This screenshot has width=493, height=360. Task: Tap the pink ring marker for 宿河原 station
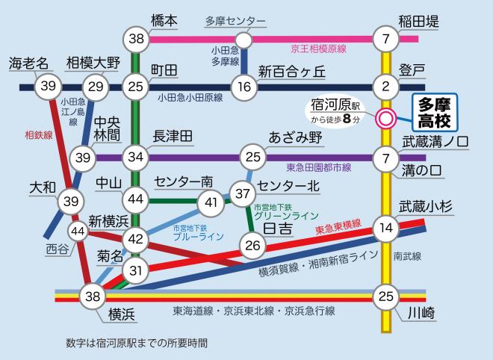tap(386, 118)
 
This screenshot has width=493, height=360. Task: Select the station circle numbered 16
tap(243, 87)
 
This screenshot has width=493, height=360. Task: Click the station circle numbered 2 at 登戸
tap(386, 87)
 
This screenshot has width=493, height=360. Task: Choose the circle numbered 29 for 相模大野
tap(96, 87)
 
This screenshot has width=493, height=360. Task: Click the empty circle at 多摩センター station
tap(243, 39)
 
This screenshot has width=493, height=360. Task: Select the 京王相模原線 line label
tap(318, 49)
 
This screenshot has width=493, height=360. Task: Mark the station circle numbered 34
tap(136, 158)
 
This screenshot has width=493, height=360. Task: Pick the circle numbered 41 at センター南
tap(211, 201)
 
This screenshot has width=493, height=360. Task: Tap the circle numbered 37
tap(243, 193)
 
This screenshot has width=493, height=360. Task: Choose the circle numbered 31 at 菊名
tap(136, 270)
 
